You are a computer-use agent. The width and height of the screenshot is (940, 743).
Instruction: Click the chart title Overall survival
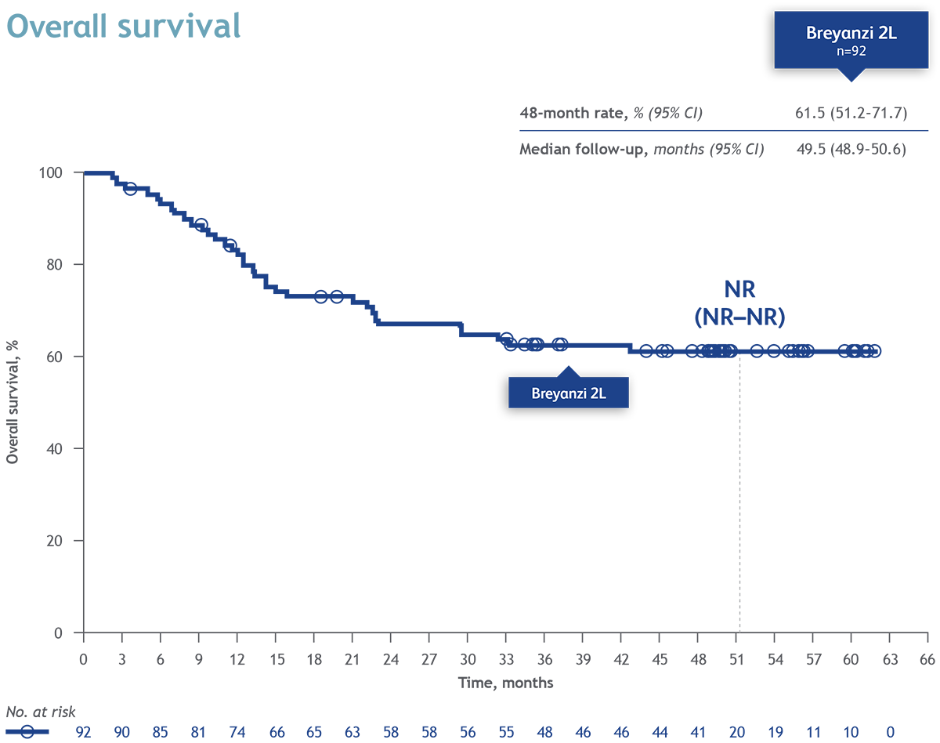123,26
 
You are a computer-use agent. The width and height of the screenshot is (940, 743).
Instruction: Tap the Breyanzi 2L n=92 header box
851,41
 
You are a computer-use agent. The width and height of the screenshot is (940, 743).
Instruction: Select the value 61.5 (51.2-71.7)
851,114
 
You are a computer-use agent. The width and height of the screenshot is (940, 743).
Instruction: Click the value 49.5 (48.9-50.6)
851,149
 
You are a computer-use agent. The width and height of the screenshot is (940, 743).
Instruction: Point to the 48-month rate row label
611,114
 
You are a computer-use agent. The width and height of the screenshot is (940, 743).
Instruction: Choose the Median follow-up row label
642,149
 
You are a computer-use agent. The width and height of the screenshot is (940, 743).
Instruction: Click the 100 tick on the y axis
63,172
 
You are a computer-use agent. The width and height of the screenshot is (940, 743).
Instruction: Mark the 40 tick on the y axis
66,449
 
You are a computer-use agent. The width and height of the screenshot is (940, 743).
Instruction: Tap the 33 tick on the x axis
506,658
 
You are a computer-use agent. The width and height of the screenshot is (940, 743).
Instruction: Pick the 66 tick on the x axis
927,658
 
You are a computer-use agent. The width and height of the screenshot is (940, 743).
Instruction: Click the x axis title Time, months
505,683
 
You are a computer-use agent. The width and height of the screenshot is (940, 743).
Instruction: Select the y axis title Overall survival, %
13,402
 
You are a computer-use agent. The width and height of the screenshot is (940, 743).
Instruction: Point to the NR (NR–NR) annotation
740,302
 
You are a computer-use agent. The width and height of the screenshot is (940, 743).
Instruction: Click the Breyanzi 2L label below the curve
569,393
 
